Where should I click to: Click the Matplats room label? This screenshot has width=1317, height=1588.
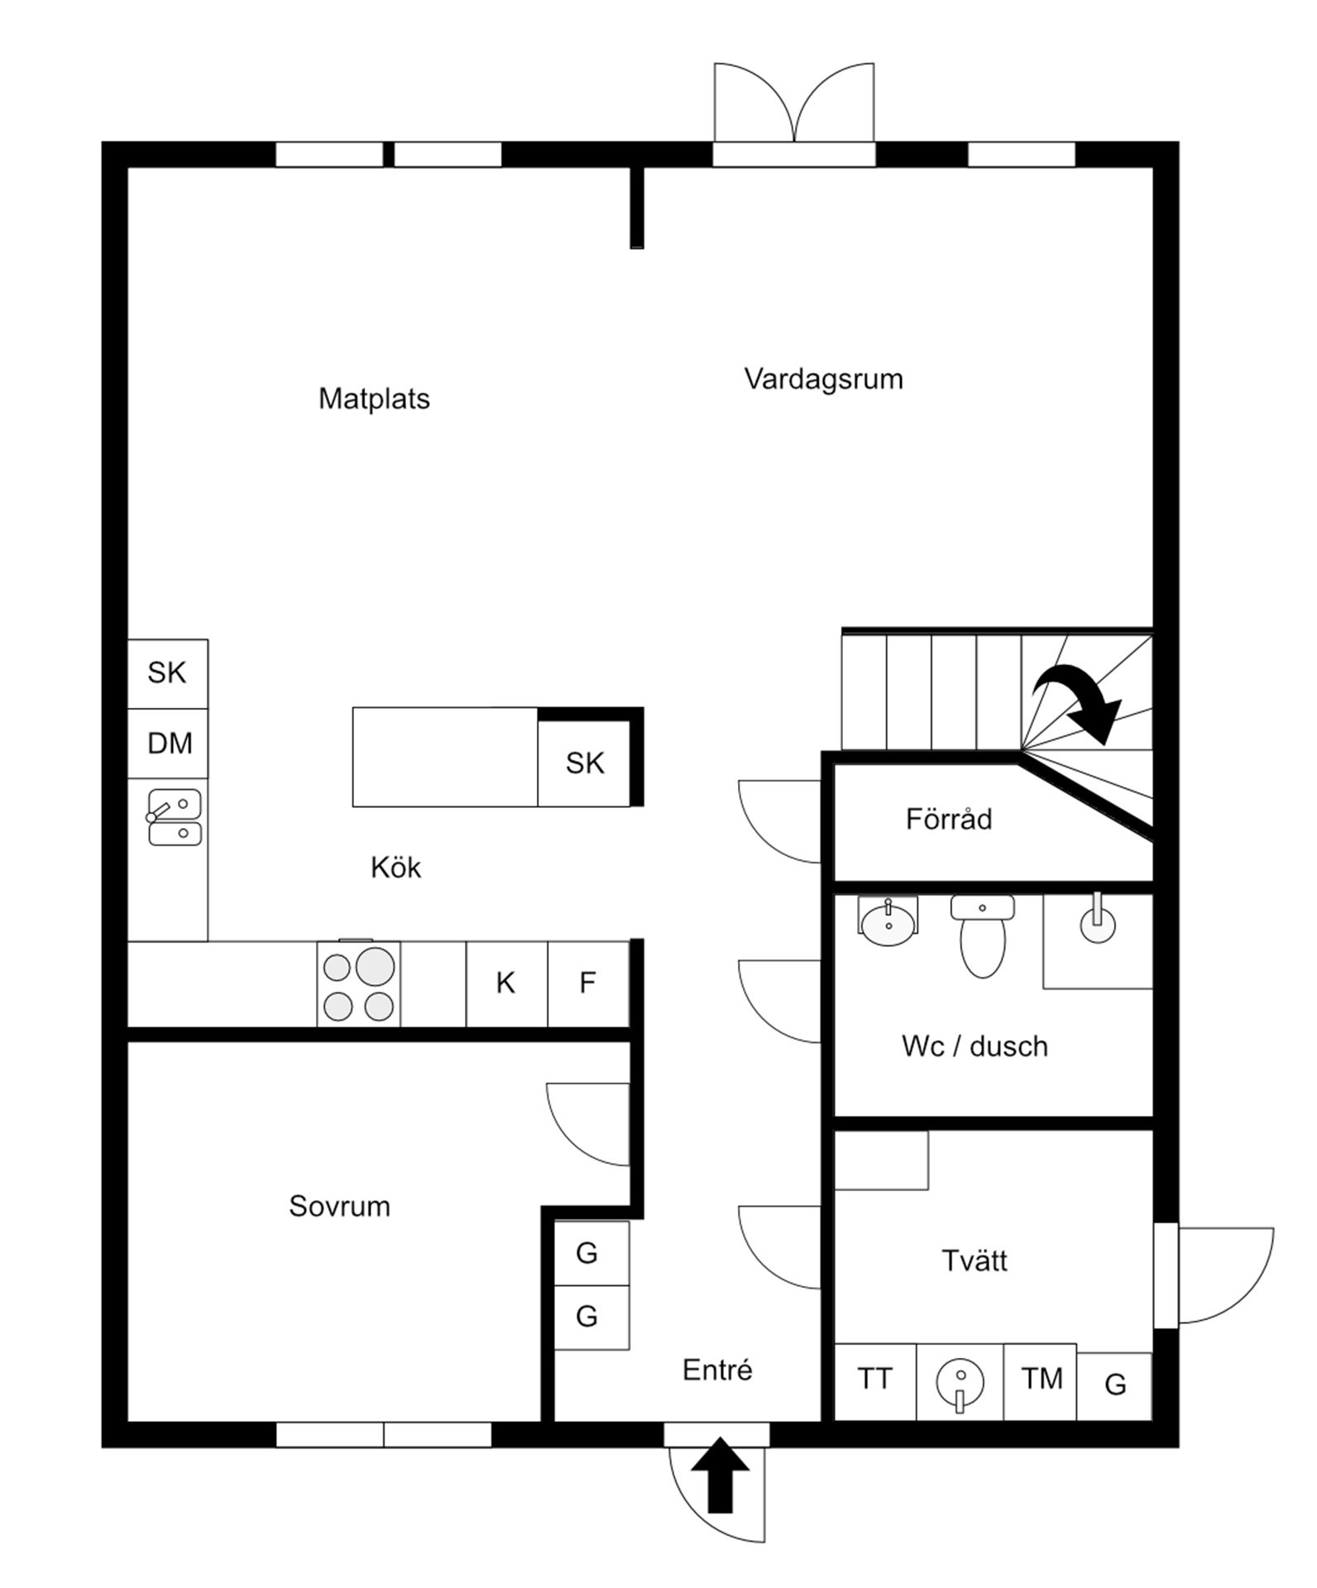374,399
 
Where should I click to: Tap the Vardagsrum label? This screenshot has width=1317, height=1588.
823,379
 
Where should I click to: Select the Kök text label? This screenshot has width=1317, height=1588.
395,867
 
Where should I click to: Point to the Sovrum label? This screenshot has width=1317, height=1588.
339,1206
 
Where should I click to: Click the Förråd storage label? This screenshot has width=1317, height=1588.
949,819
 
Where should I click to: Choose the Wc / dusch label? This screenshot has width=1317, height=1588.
975,1046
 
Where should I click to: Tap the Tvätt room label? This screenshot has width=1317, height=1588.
975,1260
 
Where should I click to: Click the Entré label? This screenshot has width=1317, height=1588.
717,1370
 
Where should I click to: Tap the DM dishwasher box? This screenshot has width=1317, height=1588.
168,743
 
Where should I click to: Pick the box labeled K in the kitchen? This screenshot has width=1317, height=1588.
506,983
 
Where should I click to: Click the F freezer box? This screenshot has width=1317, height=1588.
588,983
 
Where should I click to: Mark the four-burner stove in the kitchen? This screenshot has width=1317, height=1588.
358,983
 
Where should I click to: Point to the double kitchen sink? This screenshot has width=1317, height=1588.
174,817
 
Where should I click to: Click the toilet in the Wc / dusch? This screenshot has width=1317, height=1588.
983,936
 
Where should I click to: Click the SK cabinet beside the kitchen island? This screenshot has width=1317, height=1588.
584,763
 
